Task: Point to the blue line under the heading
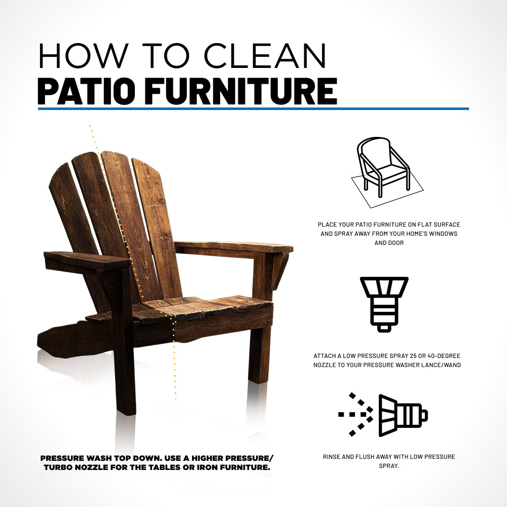pos(253,108)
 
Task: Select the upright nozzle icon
pos(384,303)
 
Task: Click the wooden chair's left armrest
pos(87,260)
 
